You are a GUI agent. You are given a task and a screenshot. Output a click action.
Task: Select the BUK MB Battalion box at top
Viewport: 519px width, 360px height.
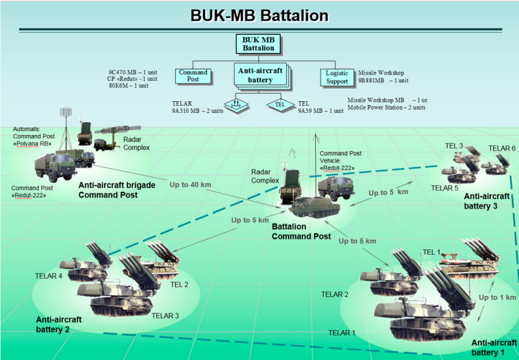coord(259,44)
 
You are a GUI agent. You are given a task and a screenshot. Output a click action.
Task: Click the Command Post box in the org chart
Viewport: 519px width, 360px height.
coord(193,76)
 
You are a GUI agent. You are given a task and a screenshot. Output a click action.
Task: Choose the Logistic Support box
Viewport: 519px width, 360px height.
coord(337,77)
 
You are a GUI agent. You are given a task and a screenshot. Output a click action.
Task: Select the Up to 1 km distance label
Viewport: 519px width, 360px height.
coord(498,297)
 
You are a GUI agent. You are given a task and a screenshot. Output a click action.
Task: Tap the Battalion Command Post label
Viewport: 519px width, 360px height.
coord(302,232)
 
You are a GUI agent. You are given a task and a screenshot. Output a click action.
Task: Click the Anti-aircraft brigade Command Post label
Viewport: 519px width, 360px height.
coord(117,189)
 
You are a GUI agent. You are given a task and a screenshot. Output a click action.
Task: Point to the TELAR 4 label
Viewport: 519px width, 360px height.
coord(49,276)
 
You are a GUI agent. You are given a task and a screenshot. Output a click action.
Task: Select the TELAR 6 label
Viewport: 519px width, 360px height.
coord(501,149)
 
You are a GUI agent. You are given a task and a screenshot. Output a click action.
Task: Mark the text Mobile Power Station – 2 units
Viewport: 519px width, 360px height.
coord(387,108)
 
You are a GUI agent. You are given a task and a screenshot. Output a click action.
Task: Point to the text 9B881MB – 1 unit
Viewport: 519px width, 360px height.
coord(383,81)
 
